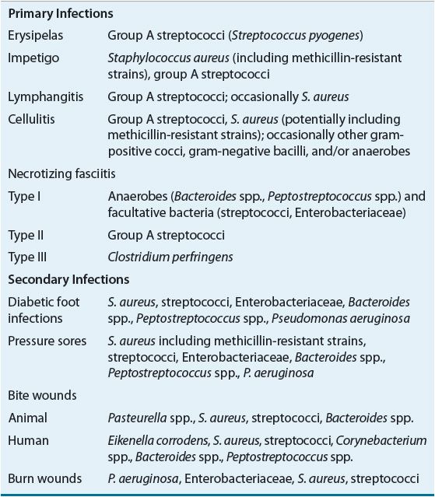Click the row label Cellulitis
[31, 119]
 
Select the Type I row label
[25, 198]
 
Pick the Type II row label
[26, 235]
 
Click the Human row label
[28, 440]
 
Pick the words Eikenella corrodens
[158, 440]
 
